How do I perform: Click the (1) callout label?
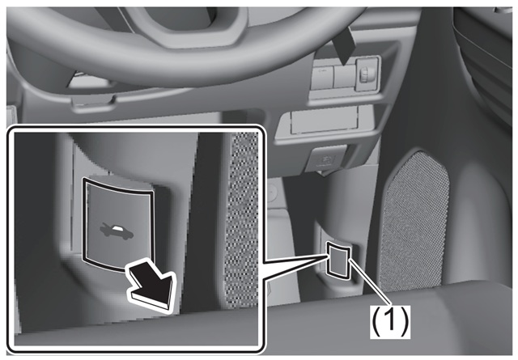390,322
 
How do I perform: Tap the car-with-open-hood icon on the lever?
117,231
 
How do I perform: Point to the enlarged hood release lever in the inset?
118,225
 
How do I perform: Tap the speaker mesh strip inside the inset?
241,219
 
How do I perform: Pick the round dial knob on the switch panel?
367,74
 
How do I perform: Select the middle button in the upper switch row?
344,77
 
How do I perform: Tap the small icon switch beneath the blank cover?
326,159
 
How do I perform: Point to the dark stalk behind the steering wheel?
343,45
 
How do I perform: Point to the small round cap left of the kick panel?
271,192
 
